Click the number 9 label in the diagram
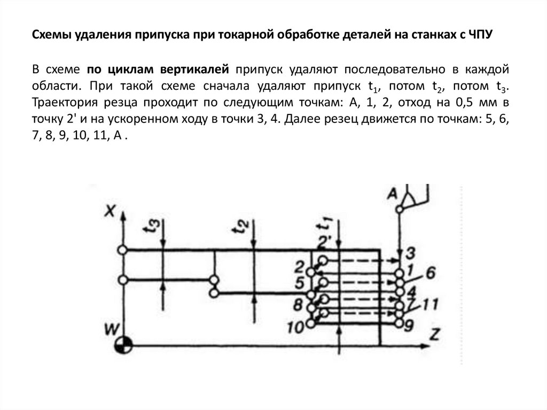point(410,324)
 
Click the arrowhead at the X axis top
point(123,215)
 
